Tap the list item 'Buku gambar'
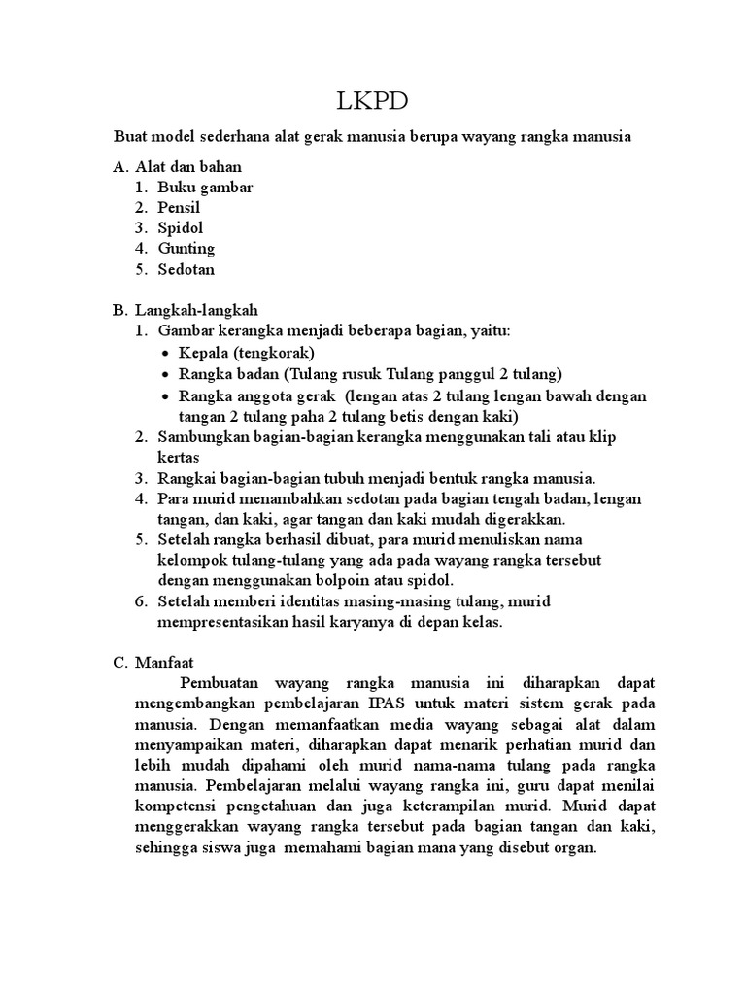point(205,188)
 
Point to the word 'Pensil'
point(180,207)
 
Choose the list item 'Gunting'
point(186,248)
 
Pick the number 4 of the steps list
point(140,498)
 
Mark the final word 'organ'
point(573,847)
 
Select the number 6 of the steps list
point(140,601)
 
